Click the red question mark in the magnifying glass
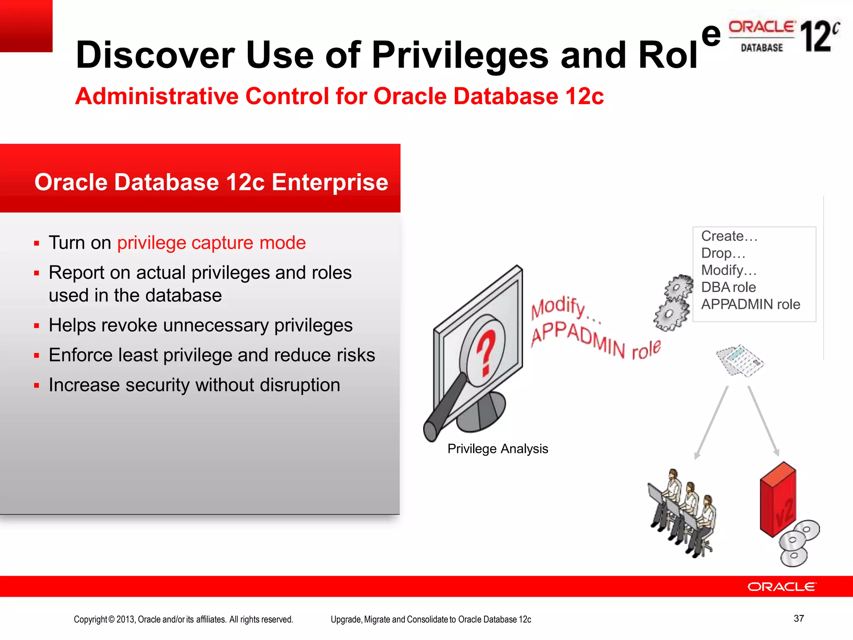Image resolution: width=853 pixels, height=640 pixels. click(x=486, y=352)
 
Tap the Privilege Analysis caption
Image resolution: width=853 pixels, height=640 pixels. click(x=497, y=449)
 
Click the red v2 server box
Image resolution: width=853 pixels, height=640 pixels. click(x=777, y=500)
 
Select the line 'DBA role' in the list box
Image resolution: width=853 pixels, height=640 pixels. click(x=728, y=287)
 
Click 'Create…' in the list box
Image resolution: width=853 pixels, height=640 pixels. click(x=729, y=236)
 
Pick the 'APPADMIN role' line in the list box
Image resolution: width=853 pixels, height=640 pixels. click(x=750, y=304)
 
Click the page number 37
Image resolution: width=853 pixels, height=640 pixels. click(x=798, y=618)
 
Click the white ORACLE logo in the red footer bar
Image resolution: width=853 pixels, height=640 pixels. click(x=782, y=587)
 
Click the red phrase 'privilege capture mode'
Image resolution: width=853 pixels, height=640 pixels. click(x=211, y=242)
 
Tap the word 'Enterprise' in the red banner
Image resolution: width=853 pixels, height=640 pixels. click(x=330, y=182)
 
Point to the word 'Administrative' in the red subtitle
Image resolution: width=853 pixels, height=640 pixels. click(x=157, y=96)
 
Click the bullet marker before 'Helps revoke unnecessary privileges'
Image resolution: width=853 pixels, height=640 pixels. click(x=37, y=326)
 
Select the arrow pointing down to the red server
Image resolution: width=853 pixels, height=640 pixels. click(x=763, y=421)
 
